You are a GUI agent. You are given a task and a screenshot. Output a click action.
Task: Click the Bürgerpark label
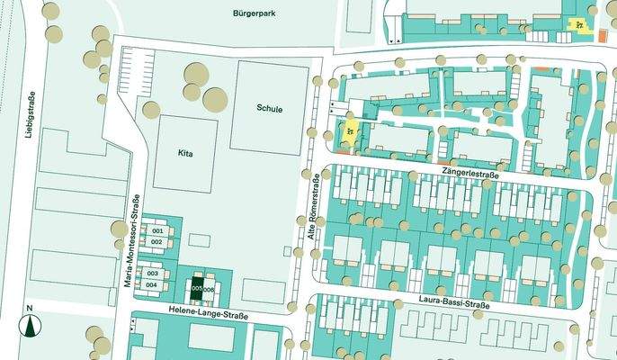coord(258,14)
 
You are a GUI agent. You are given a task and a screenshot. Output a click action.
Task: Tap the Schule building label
coord(269,109)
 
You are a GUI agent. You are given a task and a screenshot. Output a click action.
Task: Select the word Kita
coord(186,154)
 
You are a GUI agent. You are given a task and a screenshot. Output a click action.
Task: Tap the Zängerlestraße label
coord(471,169)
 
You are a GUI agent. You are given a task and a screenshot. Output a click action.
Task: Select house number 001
coord(156,231)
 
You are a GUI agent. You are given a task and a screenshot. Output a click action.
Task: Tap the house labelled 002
coord(156,242)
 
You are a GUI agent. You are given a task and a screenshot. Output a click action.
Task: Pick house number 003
coord(152,274)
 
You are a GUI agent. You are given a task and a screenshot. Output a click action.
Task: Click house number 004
coord(152,284)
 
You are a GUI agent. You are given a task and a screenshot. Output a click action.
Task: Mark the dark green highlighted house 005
coord(198,288)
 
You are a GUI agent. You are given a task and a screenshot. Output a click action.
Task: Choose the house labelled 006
coord(210,289)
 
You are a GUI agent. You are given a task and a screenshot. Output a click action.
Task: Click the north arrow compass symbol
coord(30,322)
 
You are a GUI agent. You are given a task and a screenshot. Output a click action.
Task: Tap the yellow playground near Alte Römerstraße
coord(348,134)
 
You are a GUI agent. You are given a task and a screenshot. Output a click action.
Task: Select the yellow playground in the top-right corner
coord(581,23)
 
